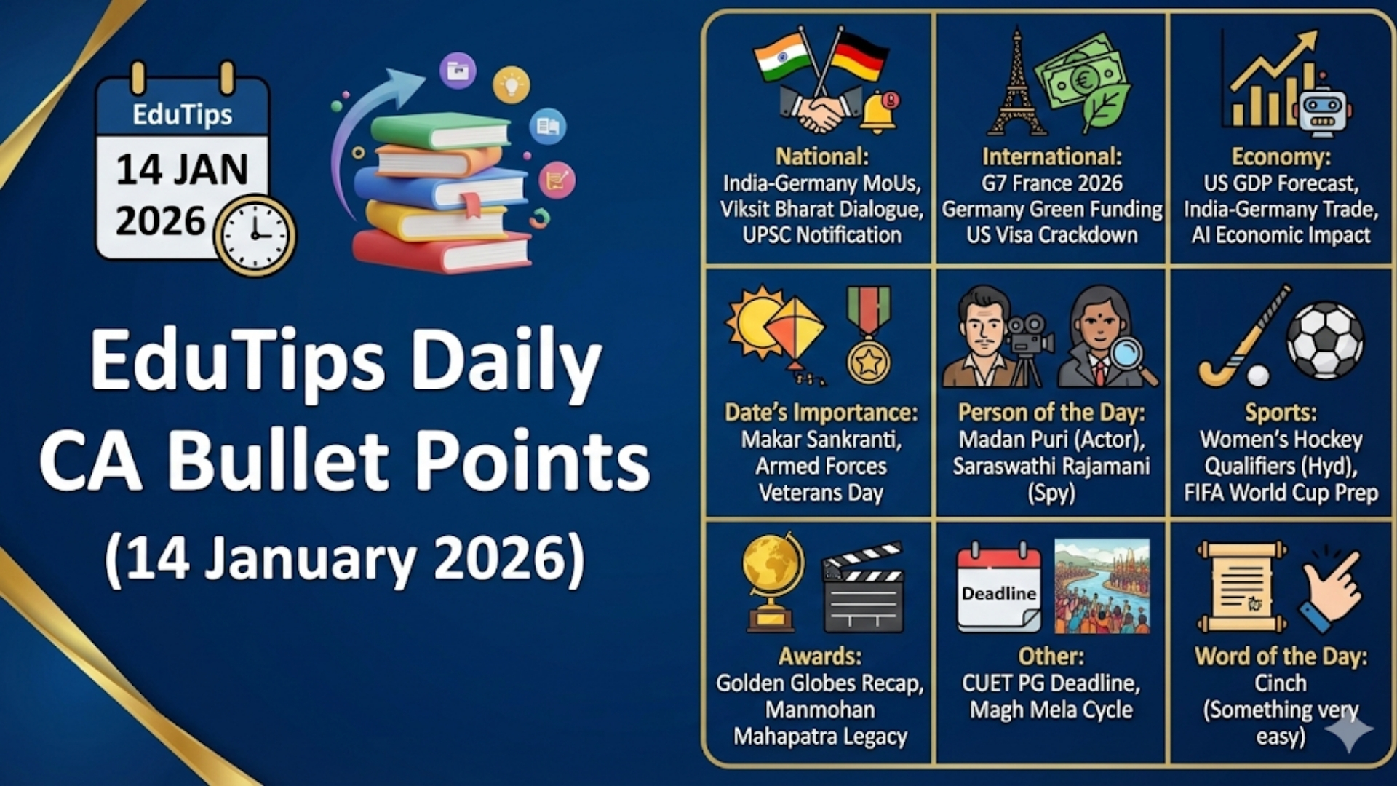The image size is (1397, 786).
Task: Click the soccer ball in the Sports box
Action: click(x=1325, y=340)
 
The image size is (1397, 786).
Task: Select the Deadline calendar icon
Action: click(x=998, y=588)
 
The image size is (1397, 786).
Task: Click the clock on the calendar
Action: click(x=255, y=235)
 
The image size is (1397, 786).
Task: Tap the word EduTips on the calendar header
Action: click(x=182, y=114)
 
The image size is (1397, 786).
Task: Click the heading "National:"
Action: click(x=821, y=156)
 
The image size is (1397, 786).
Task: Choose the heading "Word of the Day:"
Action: click(x=1281, y=656)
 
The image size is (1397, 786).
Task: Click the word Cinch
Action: click(x=1281, y=683)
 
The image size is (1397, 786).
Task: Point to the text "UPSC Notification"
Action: click(x=821, y=235)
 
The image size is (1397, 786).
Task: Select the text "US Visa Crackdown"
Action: click(x=1051, y=235)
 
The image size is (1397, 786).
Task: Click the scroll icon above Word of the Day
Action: click(x=1241, y=587)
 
